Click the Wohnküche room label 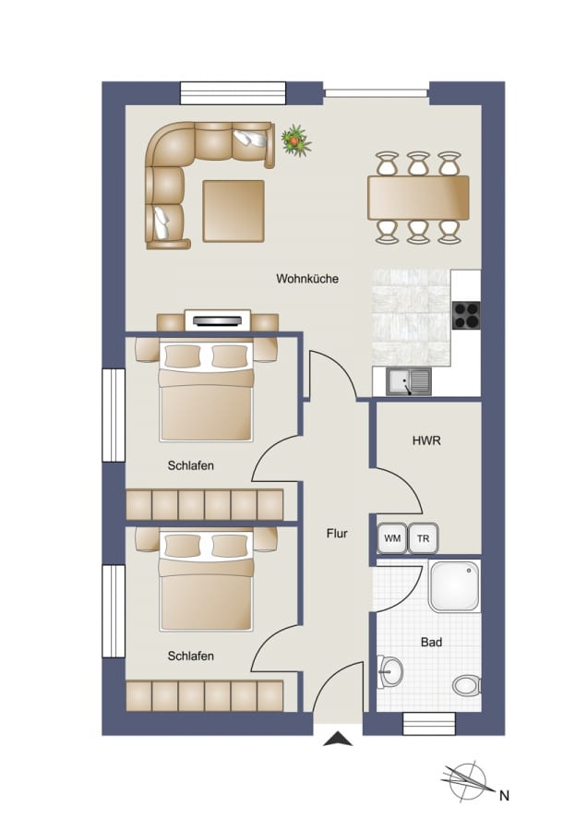[307, 278]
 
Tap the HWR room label [426, 440]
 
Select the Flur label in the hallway [337, 533]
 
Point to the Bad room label [431, 643]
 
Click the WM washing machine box [392, 538]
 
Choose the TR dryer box [424, 538]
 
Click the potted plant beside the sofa [295, 140]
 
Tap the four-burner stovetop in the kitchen [466, 315]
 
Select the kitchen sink [409, 381]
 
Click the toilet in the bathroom [467, 685]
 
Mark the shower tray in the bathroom [454, 586]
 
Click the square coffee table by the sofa [234, 211]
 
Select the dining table [418, 198]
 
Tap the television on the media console [217, 320]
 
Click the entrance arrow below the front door [338, 739]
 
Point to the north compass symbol [465, 780]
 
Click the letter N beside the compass [504, 796]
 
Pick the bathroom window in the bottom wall [429, 724]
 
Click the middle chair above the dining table [418, 163]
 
